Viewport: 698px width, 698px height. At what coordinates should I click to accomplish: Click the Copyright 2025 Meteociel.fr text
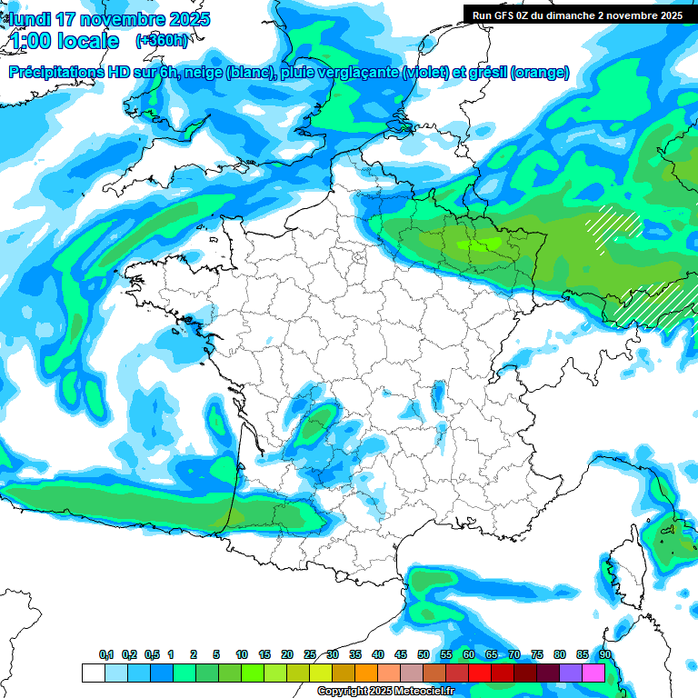(x=385, y=692)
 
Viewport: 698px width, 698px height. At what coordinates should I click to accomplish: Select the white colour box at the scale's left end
(x=93, y=673)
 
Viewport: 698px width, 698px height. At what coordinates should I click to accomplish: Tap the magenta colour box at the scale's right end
(x=593, y=673)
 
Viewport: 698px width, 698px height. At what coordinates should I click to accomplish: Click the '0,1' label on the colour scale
(x=106, y=655)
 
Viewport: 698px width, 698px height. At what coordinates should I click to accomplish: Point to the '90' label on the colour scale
(x=604, y=655)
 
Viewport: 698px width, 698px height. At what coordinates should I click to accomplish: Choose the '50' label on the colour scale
(x=424, y=655)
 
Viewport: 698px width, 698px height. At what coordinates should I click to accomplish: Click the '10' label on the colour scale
(x=242, y=655)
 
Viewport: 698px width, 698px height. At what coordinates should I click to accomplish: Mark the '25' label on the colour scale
(x=310, y=655)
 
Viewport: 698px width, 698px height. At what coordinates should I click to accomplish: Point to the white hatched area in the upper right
(x=614, y=227)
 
